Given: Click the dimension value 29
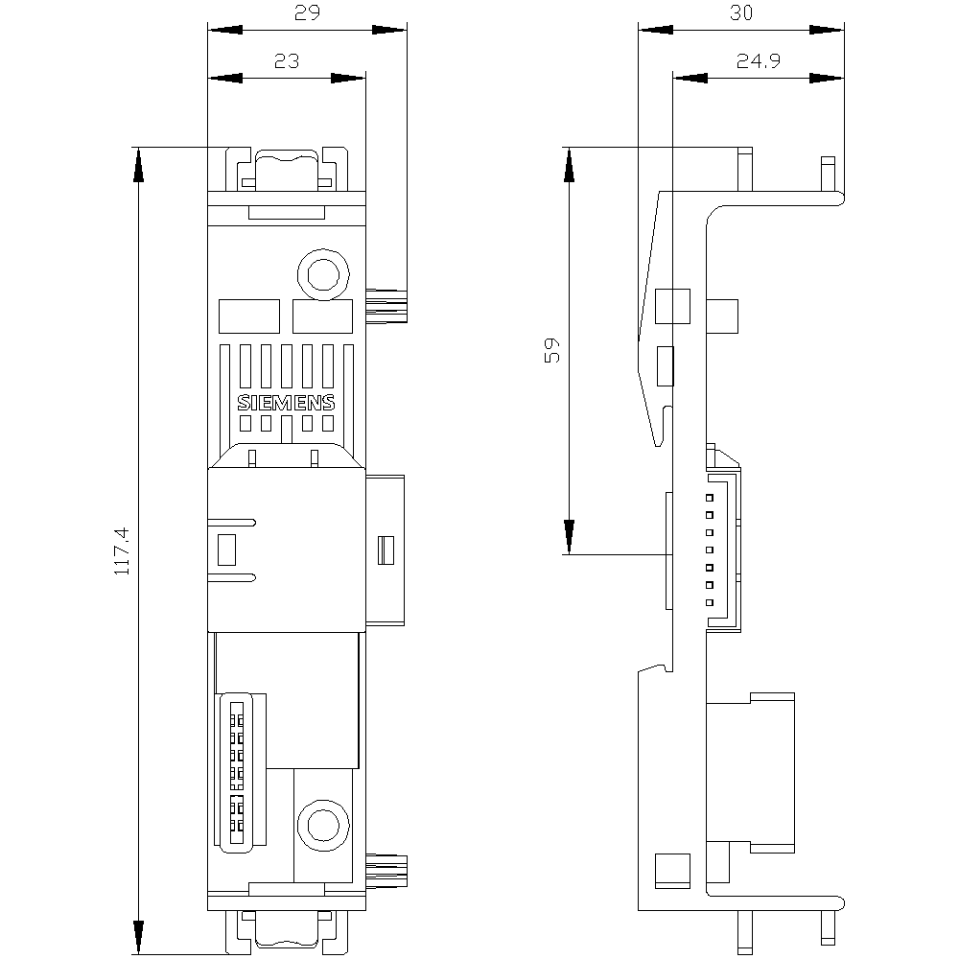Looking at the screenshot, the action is [x=307, y=12].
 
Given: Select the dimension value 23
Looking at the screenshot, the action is [x=286, y=61].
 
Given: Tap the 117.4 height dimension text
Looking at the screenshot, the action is [x=123, y=550].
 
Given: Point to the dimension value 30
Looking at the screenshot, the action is [x=741, y=12].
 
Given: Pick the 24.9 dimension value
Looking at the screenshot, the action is [x=759, y=61].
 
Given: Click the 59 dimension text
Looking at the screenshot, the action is [x=551, y=350].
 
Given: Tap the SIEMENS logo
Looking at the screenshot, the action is [x=286, y=403].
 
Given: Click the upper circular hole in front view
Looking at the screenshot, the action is [x=323, y=274].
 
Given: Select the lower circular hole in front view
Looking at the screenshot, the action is [x=323, y=825].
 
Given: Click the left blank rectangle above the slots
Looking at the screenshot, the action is [x=249, y=316].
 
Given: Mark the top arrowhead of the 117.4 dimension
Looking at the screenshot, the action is [x=139, y=165].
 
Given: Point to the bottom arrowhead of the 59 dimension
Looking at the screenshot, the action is [x=569, y=537].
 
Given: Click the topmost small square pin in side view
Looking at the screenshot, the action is [x=710, y=498].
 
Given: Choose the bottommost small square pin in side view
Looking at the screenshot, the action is [x=710, y=602].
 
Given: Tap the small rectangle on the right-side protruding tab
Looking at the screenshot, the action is [x=386, y=550].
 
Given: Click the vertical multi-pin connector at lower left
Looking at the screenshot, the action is [x=241, y=772].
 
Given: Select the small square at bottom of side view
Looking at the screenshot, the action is [x=673, y=871].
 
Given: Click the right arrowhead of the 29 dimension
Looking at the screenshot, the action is [x=389, y=30].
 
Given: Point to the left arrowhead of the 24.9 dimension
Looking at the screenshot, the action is [x=690, y=78].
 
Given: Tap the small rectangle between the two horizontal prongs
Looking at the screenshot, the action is [x=226, y=550].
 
